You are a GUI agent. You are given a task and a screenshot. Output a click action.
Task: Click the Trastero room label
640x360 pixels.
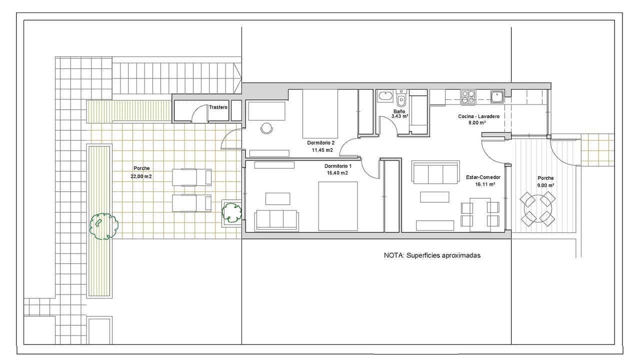point(218,107)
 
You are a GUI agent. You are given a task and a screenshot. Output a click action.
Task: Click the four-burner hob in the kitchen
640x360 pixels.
point(468,97)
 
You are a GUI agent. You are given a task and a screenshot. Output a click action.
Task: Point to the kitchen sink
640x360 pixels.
point(496,96)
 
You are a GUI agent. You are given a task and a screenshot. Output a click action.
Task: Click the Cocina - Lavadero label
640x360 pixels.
point(478,116)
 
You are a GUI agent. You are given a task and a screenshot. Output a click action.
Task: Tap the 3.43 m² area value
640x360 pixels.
point(399,116)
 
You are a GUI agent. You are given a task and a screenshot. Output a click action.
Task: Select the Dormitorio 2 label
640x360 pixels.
point(320,143)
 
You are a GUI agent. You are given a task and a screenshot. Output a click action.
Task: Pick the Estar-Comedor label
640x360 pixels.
point(483,177)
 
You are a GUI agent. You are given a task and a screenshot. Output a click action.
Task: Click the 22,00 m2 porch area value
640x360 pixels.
point(141,176)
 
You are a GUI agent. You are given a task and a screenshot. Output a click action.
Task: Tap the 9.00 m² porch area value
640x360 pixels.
point(545,185)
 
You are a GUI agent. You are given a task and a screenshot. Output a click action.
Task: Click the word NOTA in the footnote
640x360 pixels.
point(393,255)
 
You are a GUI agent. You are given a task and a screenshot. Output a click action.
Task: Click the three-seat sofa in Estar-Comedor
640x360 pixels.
point(435,172)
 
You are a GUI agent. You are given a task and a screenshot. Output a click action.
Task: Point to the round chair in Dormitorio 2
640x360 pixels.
point(267,128)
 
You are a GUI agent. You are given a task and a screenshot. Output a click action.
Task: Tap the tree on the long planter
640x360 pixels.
point(103,227)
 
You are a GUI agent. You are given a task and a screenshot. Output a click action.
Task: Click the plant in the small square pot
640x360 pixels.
point(231,212)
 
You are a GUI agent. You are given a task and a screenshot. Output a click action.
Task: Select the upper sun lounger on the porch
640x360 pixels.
point(191,177)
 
